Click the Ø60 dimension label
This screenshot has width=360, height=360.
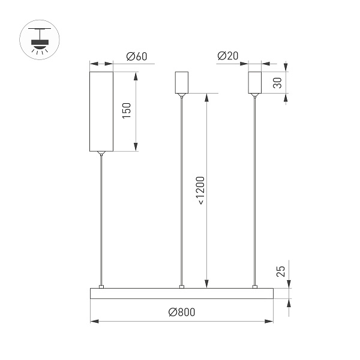[137, 56]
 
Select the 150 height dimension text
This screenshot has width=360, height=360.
[126, 111]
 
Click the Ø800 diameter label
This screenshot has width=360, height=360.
[182, 312]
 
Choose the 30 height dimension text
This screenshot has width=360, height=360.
[277, 83]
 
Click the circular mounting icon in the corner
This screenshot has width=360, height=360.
[40, 40]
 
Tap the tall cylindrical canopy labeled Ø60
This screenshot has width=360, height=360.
[101, 111]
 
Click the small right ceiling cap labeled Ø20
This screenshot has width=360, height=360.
[255, 83]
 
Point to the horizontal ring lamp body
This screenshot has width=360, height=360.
[181, 293]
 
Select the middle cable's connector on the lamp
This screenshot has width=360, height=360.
[181, 286]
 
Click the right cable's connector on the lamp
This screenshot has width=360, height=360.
[255, 286]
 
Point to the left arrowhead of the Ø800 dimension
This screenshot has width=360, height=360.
[94, 322]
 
